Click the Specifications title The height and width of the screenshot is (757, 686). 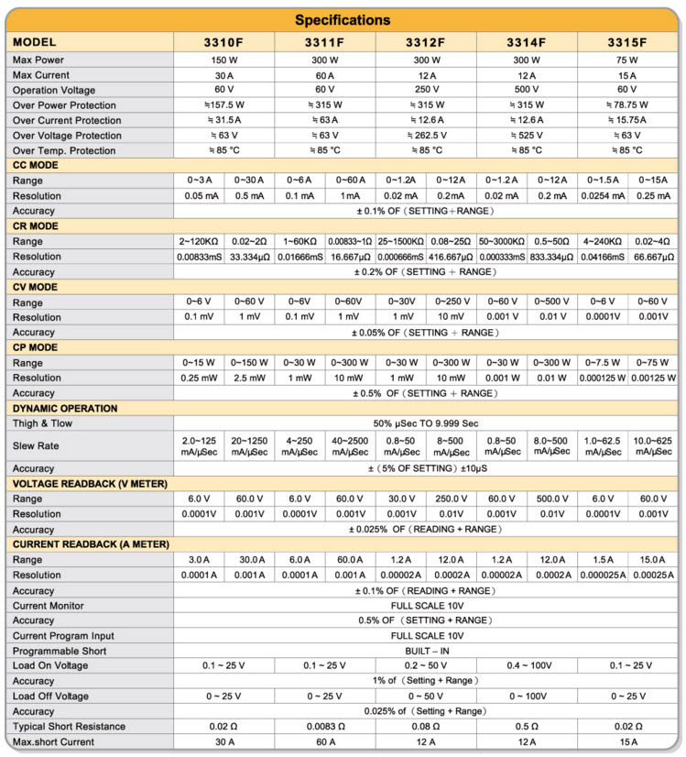click(x=343, y=20)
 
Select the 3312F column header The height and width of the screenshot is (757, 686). click(x=426, y=43)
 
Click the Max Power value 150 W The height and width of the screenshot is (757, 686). click(x=224, y=60)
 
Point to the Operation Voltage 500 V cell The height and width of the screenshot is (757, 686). click(x=527, y=90)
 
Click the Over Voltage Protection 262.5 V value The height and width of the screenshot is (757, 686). click(x=426, y=136)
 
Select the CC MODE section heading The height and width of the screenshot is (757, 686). click(x=37, y=165)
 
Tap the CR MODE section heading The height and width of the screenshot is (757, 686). click(x=37, y=225)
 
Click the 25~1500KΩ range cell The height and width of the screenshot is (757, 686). click(x=401, y=241)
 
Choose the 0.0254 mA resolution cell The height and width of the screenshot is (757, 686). click(x=602, y=196)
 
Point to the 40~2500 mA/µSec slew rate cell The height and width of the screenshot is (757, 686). click(x=351, y=445)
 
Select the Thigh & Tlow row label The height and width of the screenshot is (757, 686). click(x=42, y=423)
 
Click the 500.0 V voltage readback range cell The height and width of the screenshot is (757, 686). click(x=551, y=499)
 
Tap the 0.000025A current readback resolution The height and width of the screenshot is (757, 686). click(x=602, y=575)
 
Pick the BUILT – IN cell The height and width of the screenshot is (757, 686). click(x=426, y=651)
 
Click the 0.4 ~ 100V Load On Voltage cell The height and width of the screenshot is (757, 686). click(x=527, y=665)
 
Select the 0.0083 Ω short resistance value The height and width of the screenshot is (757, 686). click(x=325, y=726)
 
